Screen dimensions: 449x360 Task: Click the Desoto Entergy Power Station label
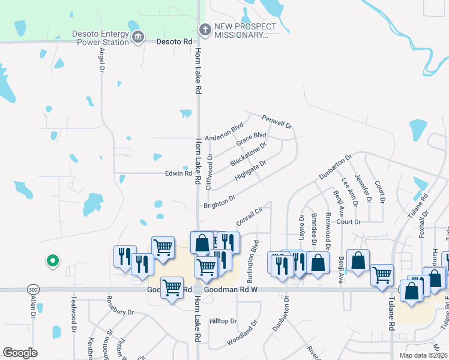click(x=100, y=38)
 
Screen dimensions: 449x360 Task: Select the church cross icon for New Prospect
click(x=205, y=29)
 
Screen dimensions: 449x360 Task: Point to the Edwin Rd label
click(x=178, y=173)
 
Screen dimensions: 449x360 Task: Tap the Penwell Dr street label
click(x=276, y=122)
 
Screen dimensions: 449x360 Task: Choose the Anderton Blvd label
click(x=223, y=131)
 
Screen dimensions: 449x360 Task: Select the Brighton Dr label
click(x=219, y=202)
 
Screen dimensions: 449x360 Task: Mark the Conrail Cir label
click(x=250, y=217)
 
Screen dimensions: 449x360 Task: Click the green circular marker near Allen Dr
click(x=52, y=260)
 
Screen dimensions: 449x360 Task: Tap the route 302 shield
click(x=31, y=289)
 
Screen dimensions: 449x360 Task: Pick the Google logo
click(x=20, y=353)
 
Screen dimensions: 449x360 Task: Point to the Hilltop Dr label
click(x=223, y=321)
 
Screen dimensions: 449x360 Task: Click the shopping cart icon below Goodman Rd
click(x=172, y=288)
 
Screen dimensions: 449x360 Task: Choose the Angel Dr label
click(x=101, y=59)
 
